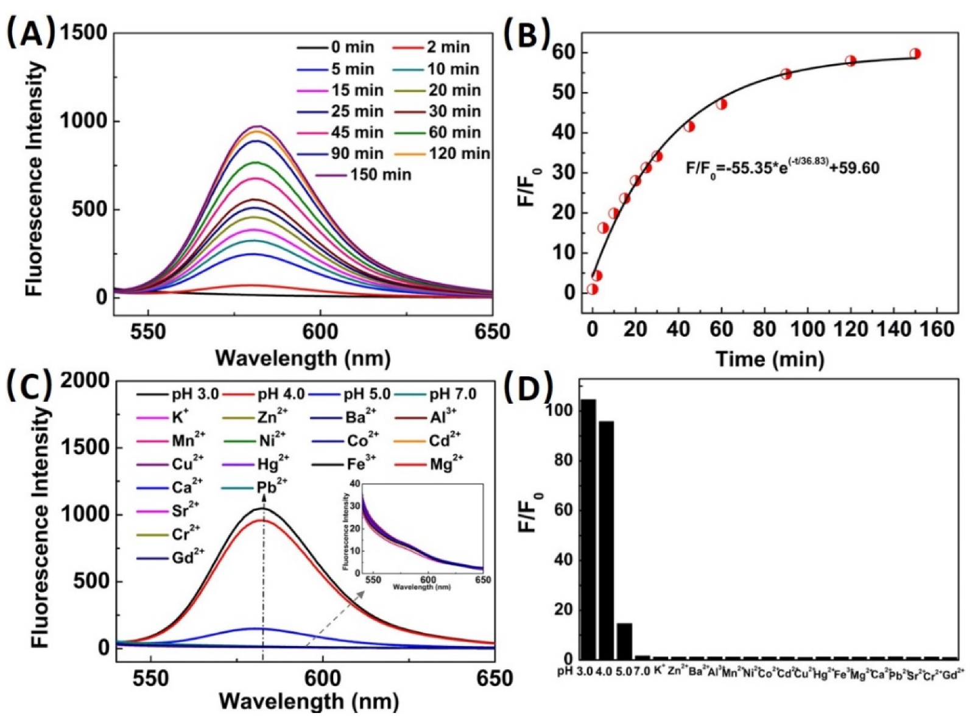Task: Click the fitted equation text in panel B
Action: pyautogui.click(x=783, y=168)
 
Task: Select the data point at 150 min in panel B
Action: pyautogui.click(x=915, y=54)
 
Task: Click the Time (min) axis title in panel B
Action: pyautogui.click(x=769, y=359)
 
